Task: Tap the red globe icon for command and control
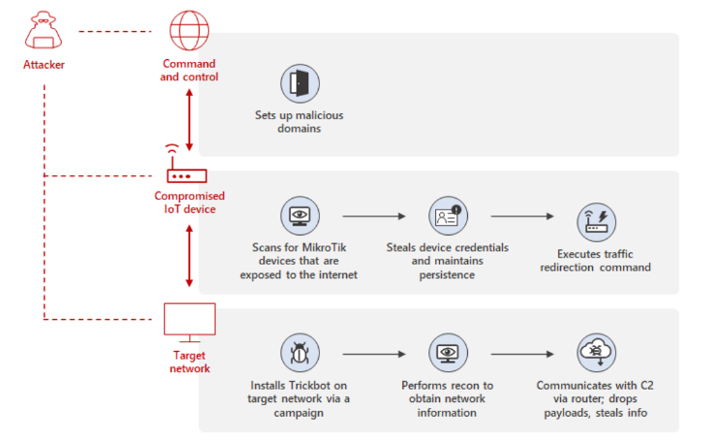point(189,31)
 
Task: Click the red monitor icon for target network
point(189,321)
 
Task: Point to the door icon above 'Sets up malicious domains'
point(299,85)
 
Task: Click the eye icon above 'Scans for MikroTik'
point(298,216)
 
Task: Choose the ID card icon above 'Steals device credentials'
point(448,216)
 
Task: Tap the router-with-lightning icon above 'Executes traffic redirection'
point(596,223)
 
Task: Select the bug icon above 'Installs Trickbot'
point(298,353)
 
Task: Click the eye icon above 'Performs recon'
point(448,353)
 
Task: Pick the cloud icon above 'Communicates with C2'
point(596,353)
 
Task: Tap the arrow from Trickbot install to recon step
point(373,354)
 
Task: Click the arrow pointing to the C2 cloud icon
point(523,354)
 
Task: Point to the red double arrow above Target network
point(189,265)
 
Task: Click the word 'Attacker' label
point(45,66)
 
